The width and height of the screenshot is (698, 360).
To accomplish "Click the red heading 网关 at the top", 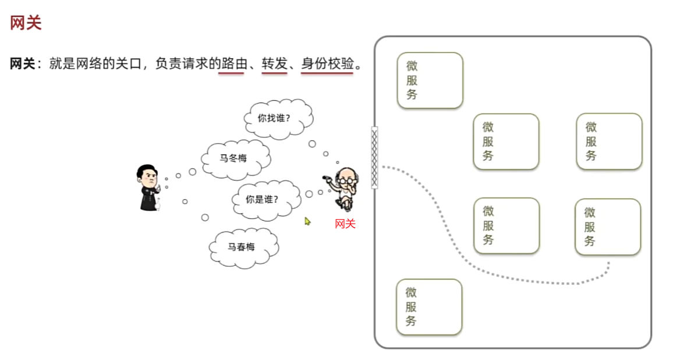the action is [26, 24].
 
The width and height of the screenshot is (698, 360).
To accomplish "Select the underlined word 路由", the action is [231, 63].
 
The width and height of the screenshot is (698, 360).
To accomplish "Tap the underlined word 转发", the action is [274, 63].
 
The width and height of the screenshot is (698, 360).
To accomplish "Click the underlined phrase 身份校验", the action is [327, 63].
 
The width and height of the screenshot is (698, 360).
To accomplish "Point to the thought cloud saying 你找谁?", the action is [278, 118].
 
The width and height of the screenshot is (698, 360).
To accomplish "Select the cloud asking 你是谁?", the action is [264, 199].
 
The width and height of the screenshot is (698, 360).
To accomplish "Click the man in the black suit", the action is [148, 187].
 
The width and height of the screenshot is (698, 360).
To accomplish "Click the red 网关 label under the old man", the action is [345, 223].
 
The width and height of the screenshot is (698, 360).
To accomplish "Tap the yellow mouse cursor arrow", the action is [307, 221].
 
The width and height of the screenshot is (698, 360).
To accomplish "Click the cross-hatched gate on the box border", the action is [374, 157].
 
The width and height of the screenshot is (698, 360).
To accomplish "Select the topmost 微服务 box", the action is [430, 80].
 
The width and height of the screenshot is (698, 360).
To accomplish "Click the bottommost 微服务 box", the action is [429, 307].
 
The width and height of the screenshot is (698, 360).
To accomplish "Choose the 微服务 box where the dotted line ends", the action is [608, 227].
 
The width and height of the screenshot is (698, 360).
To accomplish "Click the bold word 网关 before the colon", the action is [23, 64].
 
